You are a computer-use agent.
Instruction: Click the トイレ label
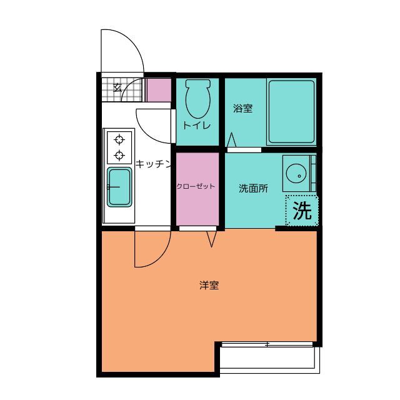click(197, 126)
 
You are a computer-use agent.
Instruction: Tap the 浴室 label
click(242, 108)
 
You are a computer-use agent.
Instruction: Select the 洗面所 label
click(253, 188)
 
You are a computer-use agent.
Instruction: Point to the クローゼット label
click(196, 186)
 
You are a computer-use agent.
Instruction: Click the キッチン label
click(153, 164)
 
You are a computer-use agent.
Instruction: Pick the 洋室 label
click(209, 285)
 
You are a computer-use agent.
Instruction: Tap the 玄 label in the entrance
click(117, 87)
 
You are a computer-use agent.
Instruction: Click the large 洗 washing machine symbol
click(302, 211)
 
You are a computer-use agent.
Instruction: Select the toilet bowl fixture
click(198, 99)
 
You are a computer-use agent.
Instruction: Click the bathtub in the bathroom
click(291, 112)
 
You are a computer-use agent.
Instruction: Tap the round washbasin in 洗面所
click(296, 174)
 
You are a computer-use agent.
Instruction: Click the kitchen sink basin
click(119, 187)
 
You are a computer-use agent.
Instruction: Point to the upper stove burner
click(119, 140)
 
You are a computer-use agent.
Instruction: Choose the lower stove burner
click(119, 155)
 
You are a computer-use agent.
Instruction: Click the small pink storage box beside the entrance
click(159, 90)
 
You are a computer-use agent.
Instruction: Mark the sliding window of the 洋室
click(267, 344)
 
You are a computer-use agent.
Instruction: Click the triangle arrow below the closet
click(211, 239)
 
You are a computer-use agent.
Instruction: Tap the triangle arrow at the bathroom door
click(231, 140)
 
